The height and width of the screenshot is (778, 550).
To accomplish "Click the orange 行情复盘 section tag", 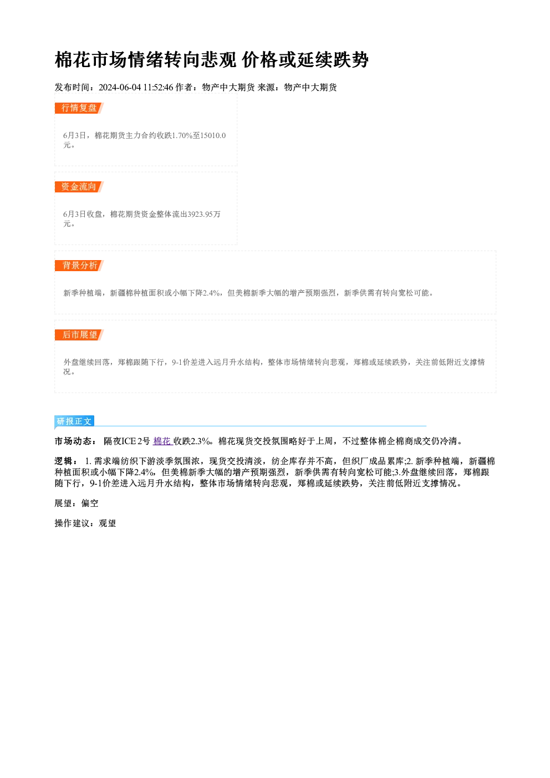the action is pos(79,108).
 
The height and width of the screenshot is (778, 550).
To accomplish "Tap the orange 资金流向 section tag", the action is pos(79,187).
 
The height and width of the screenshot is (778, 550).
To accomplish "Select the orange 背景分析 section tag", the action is pos(79,266).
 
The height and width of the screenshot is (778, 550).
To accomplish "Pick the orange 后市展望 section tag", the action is pos(79,335).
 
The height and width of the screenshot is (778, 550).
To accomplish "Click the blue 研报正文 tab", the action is pos(74,421).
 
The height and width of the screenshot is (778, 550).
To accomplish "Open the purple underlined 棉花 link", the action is pos(163,441).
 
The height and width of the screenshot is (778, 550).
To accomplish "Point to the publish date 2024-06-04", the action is pos(120,88).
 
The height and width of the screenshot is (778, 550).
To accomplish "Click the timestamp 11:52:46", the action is pos(158,88).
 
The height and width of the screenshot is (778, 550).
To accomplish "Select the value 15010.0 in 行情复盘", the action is pos(213,135).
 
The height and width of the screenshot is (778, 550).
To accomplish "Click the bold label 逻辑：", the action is pos(67,461).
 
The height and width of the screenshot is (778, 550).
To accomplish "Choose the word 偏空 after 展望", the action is pos(90,504).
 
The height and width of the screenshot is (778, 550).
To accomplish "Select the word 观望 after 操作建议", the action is pos(108,523).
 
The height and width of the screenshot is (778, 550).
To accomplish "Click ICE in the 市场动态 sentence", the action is pos(129,441).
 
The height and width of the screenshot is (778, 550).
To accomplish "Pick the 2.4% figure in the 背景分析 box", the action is pos(211,293).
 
